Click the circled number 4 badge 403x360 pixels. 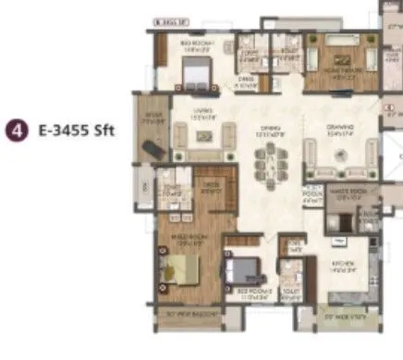15,132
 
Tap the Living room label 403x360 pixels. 203,112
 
